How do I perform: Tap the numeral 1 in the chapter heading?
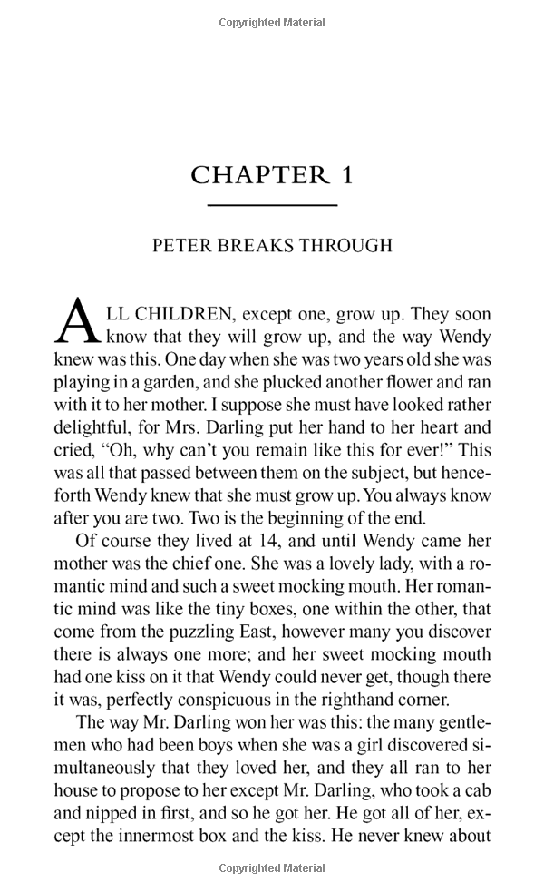(345, 175)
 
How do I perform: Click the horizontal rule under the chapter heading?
(272, 206)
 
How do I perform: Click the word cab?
(476, 790)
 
